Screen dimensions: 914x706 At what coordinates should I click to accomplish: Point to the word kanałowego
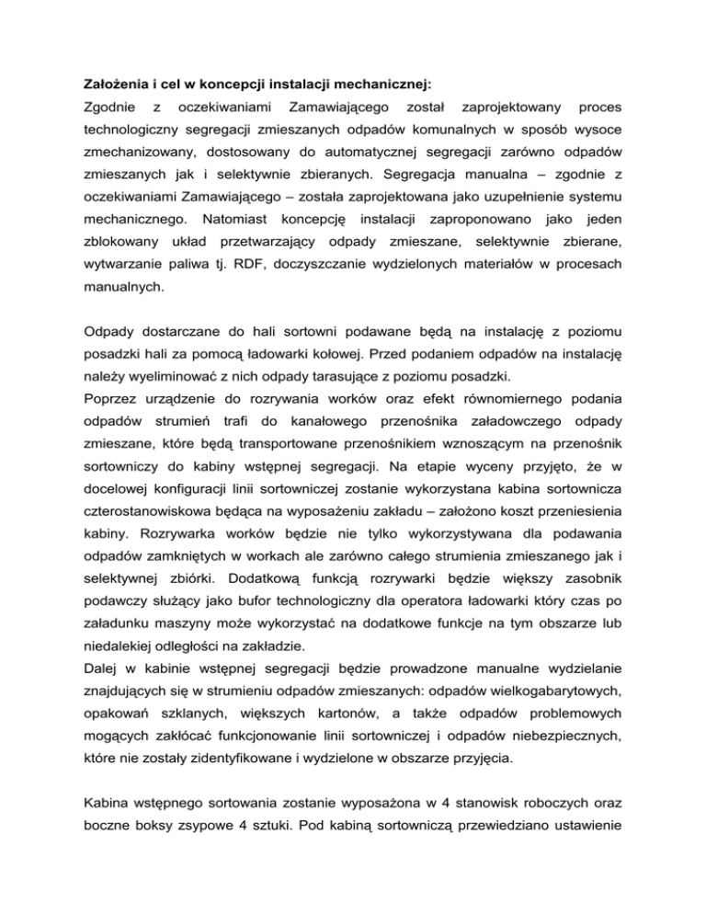[350, 460]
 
